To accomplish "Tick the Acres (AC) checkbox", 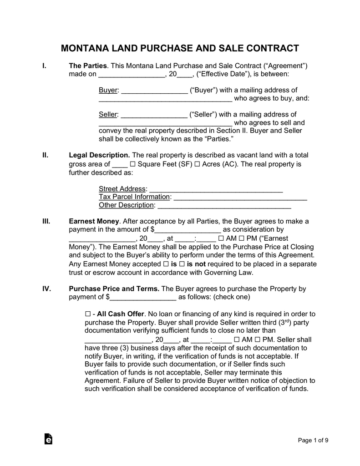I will pyautogui.click(x=197, y=164).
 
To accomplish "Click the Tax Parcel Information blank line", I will pyautogui.click(x=240, y=197).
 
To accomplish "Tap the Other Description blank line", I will pyautogui.click(x=224, y=205).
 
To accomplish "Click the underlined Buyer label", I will pyautogui.click(x=108, y=90).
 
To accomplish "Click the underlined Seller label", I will pyautogui.click(x=108, y=114).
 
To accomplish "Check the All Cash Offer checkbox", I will pyautogui.click(x=88, y=314).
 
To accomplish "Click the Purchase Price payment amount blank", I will pyautogui.click(x=143, y=297).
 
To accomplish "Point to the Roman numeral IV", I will pyautogui.click(x=46, y=289).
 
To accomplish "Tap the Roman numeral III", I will pyautogui.click(x=46, y=221).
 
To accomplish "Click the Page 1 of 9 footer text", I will pyautogui.click(x=313, y=440).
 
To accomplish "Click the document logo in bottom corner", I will pyautogui.click(x=48, y=439).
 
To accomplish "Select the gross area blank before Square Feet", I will pyautogui.click(x=119, y=164).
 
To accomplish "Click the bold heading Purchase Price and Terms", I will pyautogui.click(x=114, y=289).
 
